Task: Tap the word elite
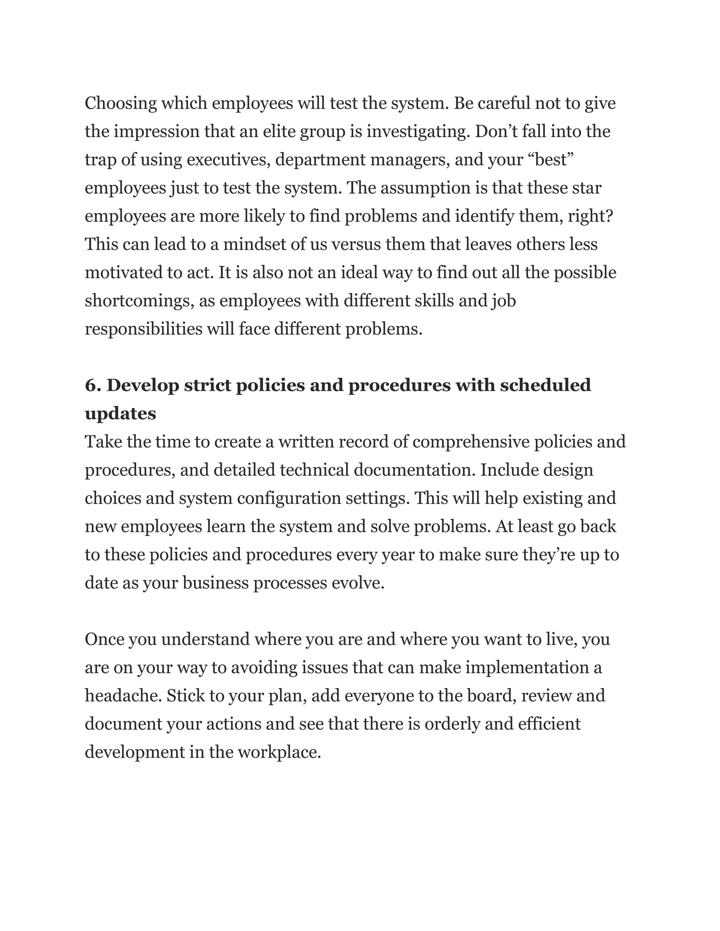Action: pos(278,132)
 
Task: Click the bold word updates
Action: pos(120,414)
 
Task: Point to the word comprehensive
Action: pos(470,442)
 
